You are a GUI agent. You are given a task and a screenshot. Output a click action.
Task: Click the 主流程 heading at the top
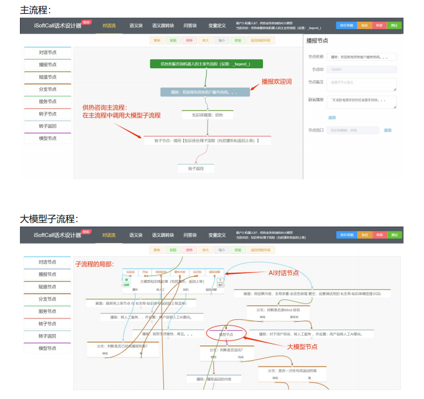[35, 10]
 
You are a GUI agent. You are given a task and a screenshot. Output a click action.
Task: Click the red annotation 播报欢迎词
[277, 81]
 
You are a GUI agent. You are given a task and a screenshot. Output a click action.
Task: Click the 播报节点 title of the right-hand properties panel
[317, 41]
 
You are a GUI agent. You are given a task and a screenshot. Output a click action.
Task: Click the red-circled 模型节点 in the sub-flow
[226, 334]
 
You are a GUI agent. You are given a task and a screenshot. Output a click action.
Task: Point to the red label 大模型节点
[302, 346]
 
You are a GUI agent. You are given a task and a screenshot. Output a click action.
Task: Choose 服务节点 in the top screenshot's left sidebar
[48, 101]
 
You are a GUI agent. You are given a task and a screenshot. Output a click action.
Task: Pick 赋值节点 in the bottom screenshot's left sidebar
[48, 286]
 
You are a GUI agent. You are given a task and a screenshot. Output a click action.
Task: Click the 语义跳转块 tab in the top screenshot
[163, 26]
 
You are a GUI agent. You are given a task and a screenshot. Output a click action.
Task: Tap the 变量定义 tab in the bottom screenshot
[217, 235]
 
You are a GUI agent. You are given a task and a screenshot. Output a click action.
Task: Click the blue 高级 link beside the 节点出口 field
[388, 130]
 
